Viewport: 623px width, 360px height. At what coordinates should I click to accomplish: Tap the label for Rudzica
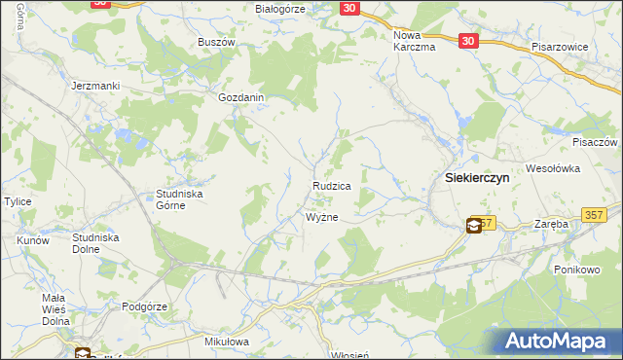[x=331, y=185]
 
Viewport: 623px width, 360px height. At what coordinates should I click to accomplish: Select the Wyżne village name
[x=322, y=217]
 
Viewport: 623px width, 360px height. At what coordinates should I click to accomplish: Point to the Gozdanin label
[x=241, y=98]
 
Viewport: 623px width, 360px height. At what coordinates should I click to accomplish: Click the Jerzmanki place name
[x=95, y=86]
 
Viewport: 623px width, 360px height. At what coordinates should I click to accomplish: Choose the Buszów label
[x=217, y=42]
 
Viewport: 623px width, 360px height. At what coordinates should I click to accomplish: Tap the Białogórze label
[x=280, y=9]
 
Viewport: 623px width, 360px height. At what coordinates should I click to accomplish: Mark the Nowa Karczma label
[x=414, y=42]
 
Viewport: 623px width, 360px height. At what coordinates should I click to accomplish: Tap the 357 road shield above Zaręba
[x=593, y=214]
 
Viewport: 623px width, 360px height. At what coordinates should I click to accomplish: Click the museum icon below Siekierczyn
[x=472, y=226]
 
